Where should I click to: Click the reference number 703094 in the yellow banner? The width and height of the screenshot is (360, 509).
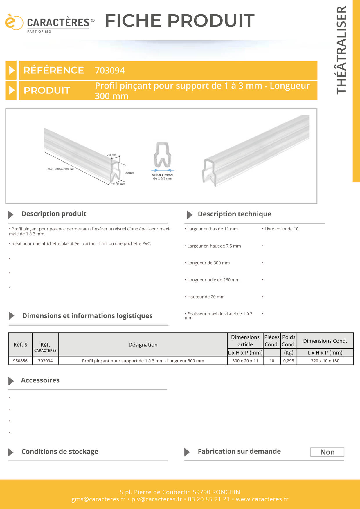click(x=110, y=71)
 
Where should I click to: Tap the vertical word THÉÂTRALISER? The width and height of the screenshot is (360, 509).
click(x=341, y=50)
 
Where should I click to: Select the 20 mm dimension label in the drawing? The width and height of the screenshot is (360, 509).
click(x=129, y=173)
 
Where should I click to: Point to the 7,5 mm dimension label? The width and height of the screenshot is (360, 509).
click(x=111, y=155)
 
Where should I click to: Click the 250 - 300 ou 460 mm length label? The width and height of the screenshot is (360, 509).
click(x=61, y=169)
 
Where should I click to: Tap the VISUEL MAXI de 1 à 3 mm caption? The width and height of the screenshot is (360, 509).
click(x=163, y=176)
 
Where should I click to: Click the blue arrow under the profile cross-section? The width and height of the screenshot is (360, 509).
click(x=163, y=170)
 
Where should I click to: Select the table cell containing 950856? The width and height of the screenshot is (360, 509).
click(x=20, y=361)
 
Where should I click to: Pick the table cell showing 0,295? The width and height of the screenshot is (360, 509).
click(x=289, y=361)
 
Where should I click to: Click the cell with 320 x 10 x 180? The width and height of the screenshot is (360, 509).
click(x=325, y=361)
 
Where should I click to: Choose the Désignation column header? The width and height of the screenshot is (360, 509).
click(x=143, y=345)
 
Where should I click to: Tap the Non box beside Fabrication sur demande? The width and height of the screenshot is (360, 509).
click(x=327, y=452)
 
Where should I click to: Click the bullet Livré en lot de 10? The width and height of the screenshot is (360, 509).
click(x=281, y=229)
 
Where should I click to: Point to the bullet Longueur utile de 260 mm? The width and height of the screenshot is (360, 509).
click(x=213, y=280)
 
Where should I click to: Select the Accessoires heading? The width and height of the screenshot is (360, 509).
click(x=40, y=380)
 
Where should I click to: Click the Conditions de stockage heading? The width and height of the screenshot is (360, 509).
click(x=60, y=452)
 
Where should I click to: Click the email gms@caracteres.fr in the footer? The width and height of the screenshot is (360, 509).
click(x=98, y=499)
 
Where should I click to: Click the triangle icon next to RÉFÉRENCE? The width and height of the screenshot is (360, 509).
click(x=11, y=70)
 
